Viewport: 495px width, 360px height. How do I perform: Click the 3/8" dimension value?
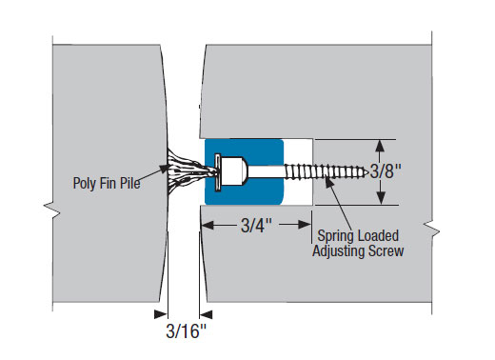point(386,171)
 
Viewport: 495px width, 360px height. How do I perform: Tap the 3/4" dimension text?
point(256,226)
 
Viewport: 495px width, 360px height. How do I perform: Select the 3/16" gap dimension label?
point(186,331)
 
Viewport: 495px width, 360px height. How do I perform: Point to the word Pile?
point(129,183)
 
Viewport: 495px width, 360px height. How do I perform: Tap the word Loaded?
point(377,235)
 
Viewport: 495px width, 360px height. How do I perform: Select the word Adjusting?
point(338,251)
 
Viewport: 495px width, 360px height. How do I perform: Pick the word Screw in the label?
point(386,250)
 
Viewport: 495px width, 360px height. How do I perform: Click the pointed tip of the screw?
point(368,173)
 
